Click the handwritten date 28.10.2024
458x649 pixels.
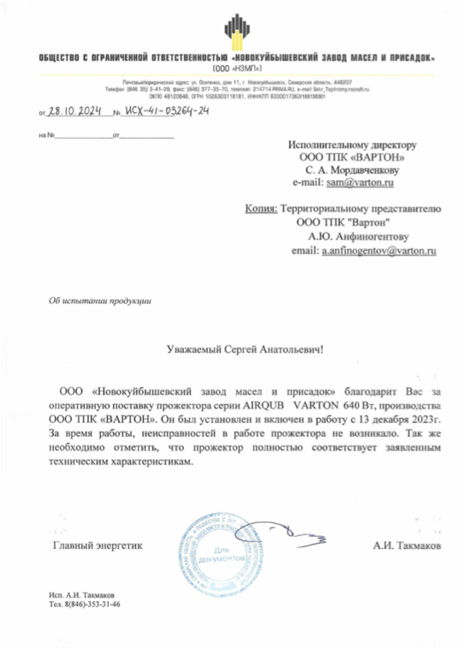tap(75, 110)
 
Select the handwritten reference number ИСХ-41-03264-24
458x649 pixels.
tap(165, 110)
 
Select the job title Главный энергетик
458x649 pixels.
tap(98, 545)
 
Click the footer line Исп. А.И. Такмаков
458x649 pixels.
tap(82, 594)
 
